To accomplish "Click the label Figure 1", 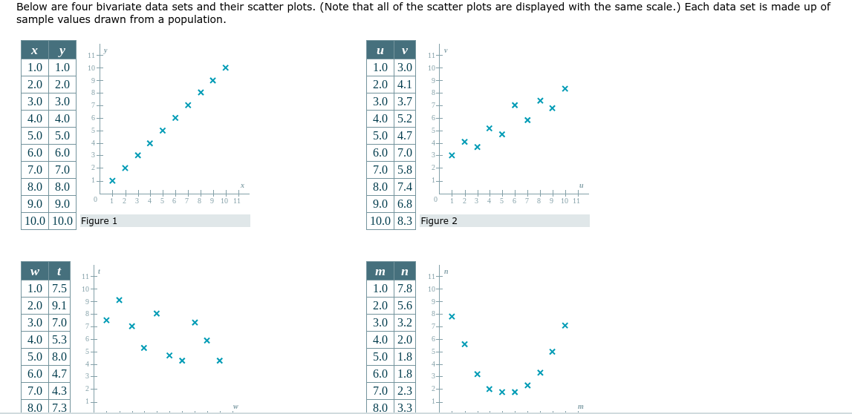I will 100,221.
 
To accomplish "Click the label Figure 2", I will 439,221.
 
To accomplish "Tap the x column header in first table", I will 34,50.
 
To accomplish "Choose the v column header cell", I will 404,50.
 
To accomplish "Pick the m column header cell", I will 380,272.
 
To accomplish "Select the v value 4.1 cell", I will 404,85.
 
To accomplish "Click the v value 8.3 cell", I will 404,221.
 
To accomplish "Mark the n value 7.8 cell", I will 404,289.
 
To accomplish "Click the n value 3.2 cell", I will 404,323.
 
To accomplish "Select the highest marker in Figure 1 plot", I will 225,68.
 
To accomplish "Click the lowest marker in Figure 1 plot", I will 112,180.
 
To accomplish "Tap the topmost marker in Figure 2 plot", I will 565,89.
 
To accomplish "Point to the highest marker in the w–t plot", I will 119,300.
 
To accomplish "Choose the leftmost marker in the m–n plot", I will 452,317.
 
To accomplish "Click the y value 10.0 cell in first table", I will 62,221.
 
